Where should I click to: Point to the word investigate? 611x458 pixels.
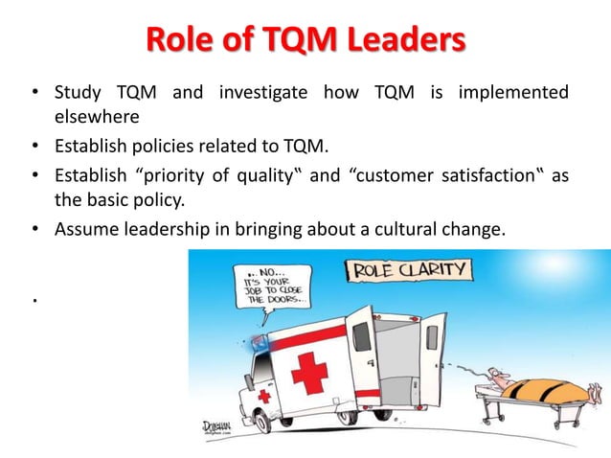(263, 93)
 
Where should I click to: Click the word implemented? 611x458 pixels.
(513, 93)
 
